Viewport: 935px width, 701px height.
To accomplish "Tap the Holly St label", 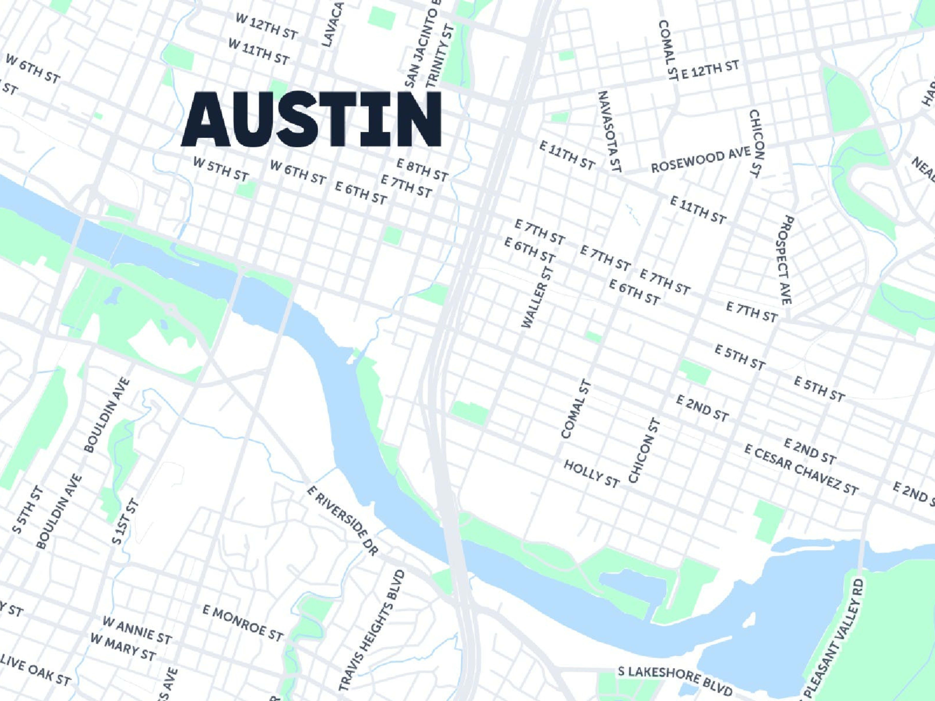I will click(x=591, y=474).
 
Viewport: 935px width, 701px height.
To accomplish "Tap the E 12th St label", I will click(x=710, y=69).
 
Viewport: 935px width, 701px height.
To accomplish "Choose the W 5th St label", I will click(x=221, y=169).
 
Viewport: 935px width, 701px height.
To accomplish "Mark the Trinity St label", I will click(x=441, y=55).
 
